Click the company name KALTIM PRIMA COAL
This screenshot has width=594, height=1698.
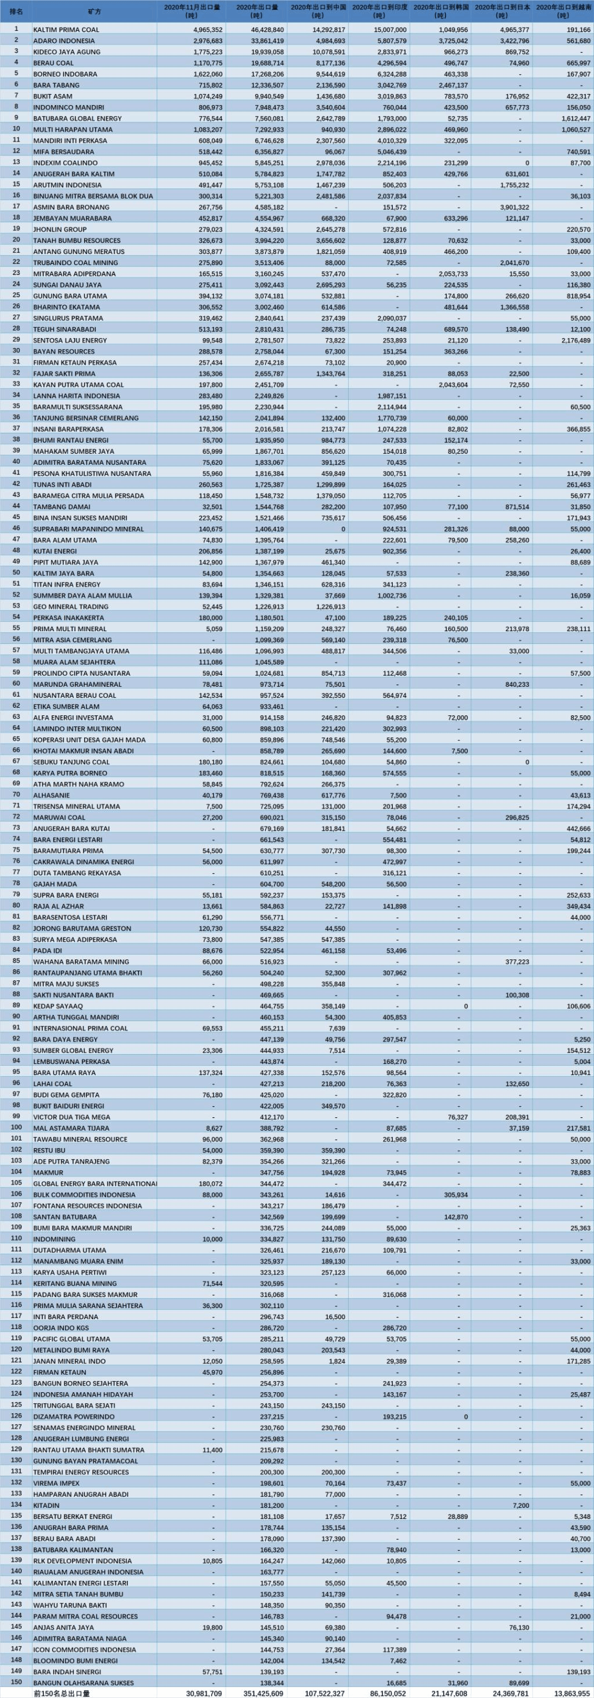pos(67,30)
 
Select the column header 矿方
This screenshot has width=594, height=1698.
pos(95,12)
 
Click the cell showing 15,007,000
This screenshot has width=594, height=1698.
pos(389,30)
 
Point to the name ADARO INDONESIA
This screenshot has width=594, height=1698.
pos(64,41)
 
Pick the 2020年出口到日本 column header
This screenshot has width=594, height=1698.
pos(502,10)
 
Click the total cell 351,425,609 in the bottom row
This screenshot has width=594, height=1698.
pos(264,1693)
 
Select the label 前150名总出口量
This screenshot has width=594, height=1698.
pos(61,1693)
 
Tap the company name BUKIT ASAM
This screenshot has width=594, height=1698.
pos(53,96)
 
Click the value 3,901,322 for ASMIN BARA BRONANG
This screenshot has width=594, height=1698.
pos(511,207)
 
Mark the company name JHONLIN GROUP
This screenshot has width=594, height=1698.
pos(60,229)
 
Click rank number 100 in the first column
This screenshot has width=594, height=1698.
pos(16,1127)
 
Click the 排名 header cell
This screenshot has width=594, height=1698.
pos(16,12)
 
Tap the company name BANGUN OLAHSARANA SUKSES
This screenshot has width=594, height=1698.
pos(83,1682)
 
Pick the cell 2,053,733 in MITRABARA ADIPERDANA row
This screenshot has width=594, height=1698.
pos(450,274)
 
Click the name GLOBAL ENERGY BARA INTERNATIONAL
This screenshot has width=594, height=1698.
pos(95,1183)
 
